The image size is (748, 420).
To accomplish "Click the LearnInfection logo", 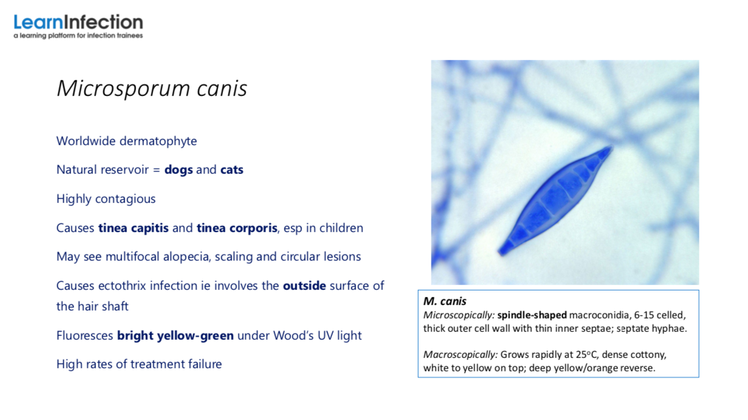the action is (x=78, y=26).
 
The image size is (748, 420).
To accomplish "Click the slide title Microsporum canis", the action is (x=152, y=89).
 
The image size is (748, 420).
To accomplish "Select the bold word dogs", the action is (x=179, y=170).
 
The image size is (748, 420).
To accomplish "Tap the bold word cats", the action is (x=232, y=170).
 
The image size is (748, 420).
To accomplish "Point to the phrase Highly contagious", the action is (x=106, y=199).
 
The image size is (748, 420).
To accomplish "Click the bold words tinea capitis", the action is (x=133, y=228).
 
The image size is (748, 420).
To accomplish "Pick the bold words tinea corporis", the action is (x=237, y=228).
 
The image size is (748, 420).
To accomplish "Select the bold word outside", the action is (x=304, y=286).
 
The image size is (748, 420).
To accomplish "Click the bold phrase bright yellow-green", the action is (x=176, y=336).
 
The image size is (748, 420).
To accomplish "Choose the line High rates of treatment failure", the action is (x=139, y=364).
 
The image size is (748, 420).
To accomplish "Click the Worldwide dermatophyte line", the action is (x=126, y=142).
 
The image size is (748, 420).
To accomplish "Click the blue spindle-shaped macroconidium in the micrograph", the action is (x=555, y=201).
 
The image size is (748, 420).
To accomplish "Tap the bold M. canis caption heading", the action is (x=445, y=301).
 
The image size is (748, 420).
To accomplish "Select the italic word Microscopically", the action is (x=459, y=315).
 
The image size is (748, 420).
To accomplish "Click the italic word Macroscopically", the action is (x=460, y=355).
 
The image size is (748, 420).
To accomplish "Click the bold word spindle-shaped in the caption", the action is (x=532, y=315).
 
